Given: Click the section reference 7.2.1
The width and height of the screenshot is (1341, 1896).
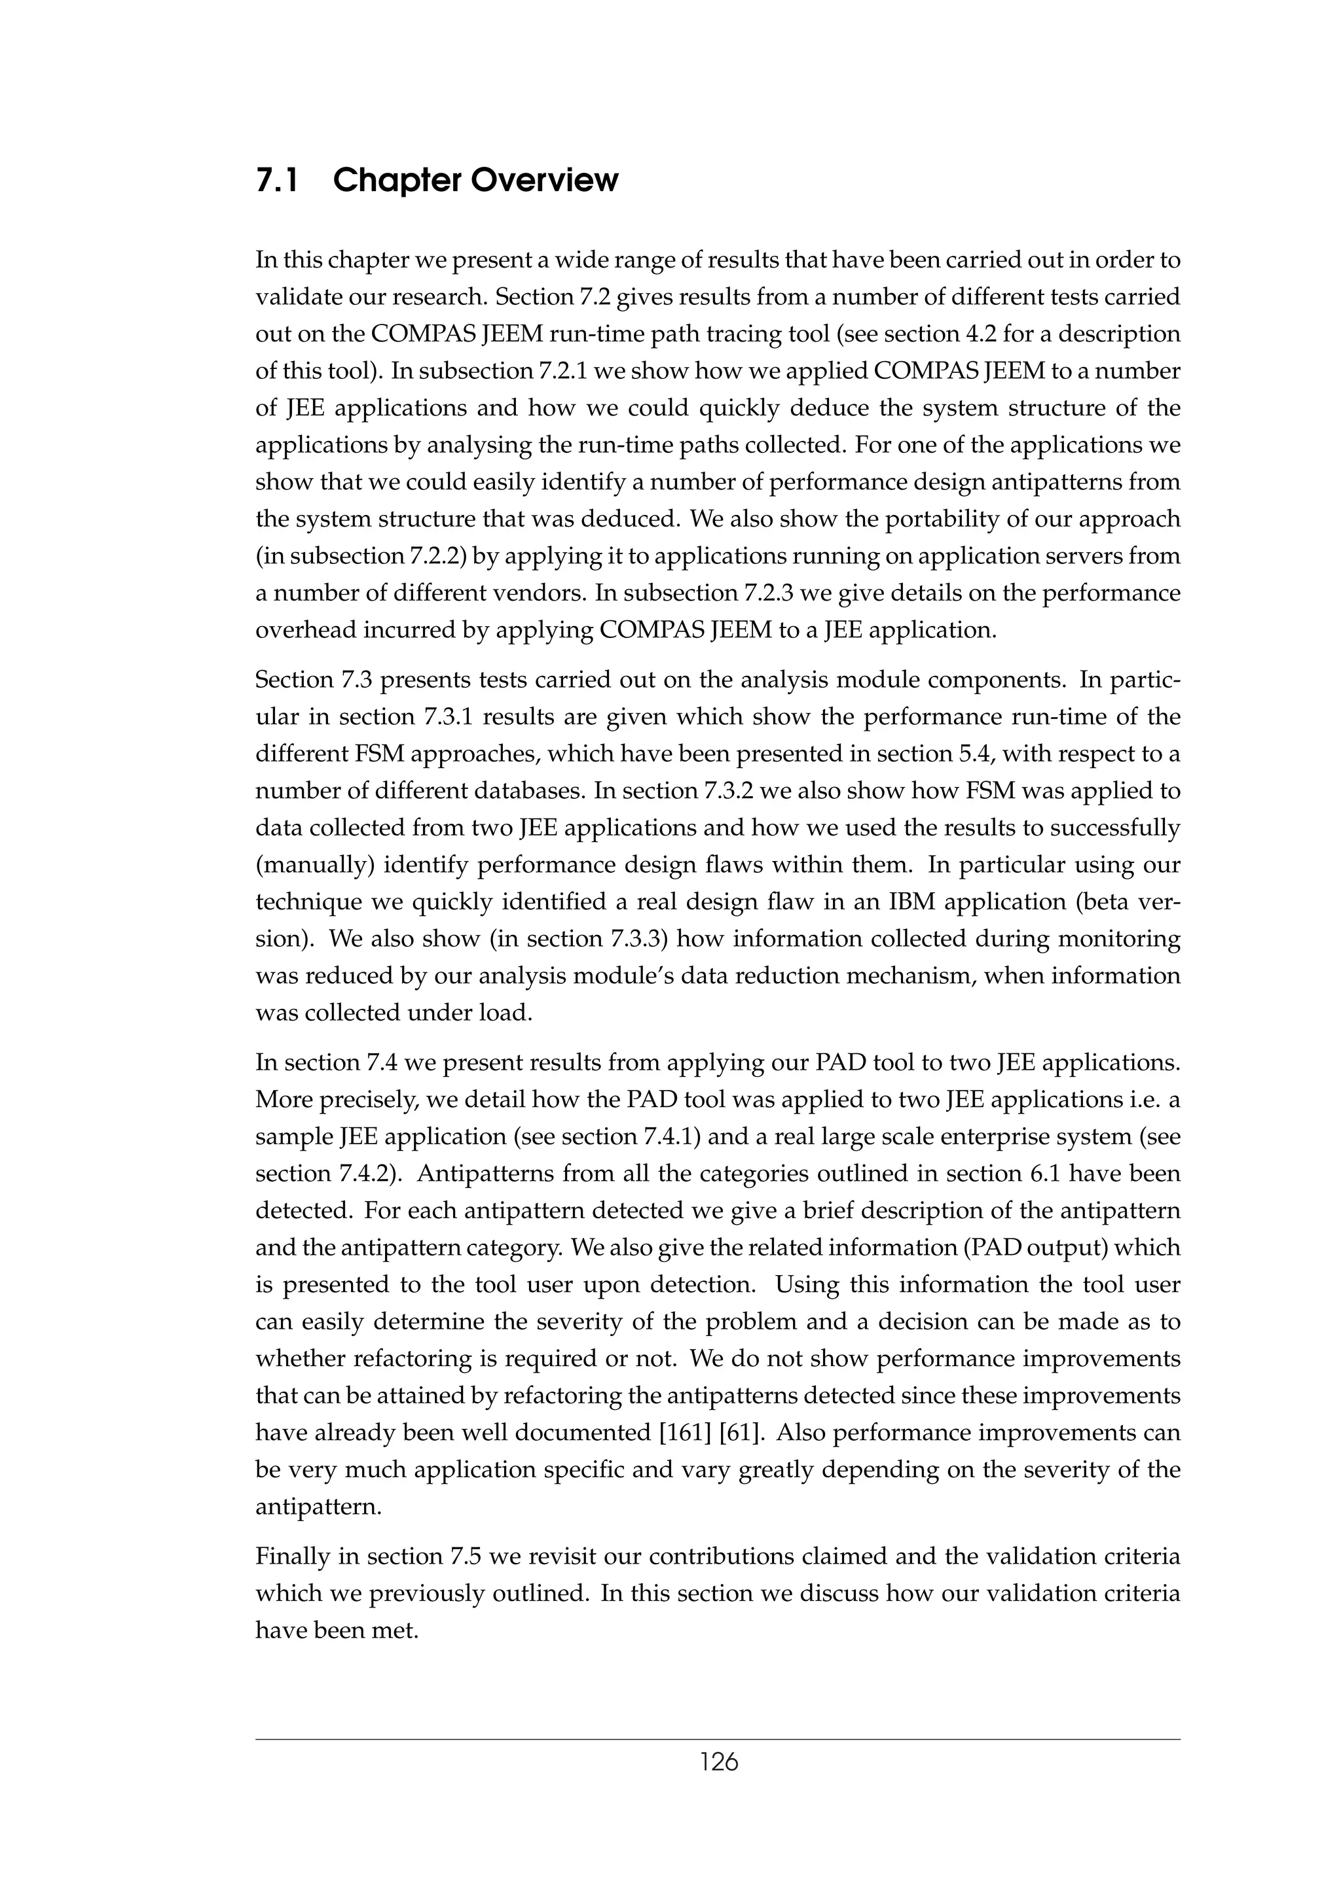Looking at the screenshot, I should coord(562,371).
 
